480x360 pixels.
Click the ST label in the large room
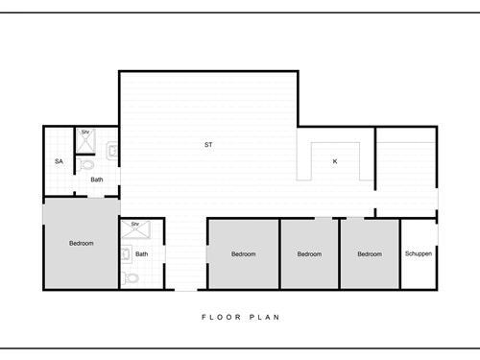pyautogui.click(x=208, y=145)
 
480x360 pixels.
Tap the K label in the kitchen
pyautogui.click(x=335, y=161)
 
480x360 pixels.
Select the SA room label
pyautogui.click(x=59, y=161)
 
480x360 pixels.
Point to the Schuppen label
pyautogui.click(x=419, y=254)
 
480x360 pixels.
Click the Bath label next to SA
pyautogui.click(x=97, y=180)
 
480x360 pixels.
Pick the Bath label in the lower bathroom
pyautogui.click(x=142, y=254)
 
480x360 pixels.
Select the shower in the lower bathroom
pyautogui.click(x=135, y=231)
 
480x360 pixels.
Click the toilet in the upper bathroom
pyautogui.click(x=88, y=164)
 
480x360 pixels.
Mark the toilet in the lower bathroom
pyautogui.click(x=132, y=278)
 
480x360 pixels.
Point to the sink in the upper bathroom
pyautogui.click(x=112, y=150)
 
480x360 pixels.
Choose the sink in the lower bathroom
pyautogui.click(x=125, y=254)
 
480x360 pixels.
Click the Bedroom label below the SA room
pyautogui.click(x=82, y=243)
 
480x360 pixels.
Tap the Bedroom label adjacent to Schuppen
pyautogui.click(x=371, y=254)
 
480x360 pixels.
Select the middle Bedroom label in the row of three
pyautogui.click(x=309, y=254)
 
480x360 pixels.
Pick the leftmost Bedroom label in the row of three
pyautogui.click(x=244, y=254)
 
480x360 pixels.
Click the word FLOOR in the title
pyautogui.click(x=216, y=316)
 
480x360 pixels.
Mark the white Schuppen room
pyautogui.click(x=419, y=269)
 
